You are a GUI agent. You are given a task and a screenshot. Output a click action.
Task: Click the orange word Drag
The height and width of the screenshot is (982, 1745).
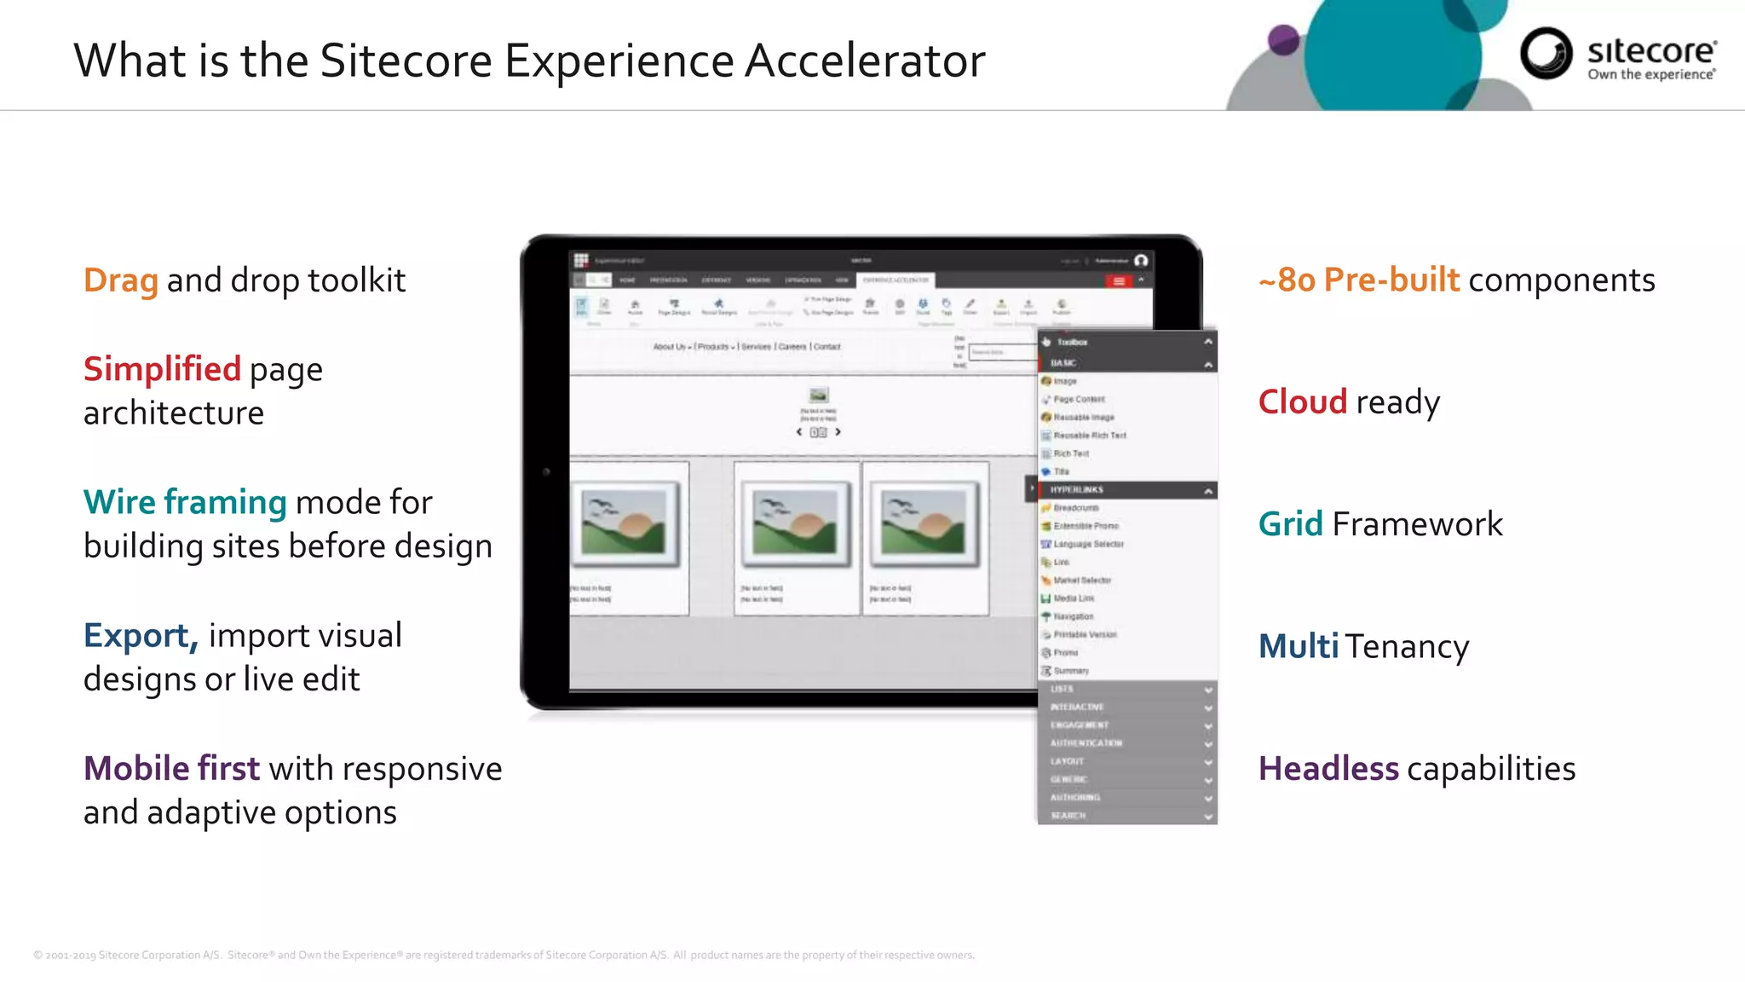pyautogui.click(x=120, y=280)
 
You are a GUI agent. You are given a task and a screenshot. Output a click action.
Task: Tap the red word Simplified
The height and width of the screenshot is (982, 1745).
pyautogui.click(x=162, y=369)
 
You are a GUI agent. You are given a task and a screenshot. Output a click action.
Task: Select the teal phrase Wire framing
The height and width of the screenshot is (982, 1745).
pyautogui.click(x=185, y=502)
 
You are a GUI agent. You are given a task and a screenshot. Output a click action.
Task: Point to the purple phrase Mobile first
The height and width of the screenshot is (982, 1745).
pyautogui.click(x=171, y=769)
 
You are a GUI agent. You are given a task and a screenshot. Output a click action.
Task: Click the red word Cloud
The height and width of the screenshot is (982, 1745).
pyautogui.click(x=1302, y=402)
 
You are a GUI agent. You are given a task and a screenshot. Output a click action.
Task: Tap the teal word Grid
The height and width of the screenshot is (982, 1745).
pyautogui.click(x=1290, y=524)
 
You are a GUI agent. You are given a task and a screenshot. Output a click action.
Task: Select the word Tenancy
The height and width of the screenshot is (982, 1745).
pyautogui.click(x=1407, y=647)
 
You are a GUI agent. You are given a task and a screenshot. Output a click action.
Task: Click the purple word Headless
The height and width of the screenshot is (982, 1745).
pyautogui.click(x=1328, y=769)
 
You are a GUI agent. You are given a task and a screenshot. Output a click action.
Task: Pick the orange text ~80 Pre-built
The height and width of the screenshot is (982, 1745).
pyautogui.click(x=1359, y=280)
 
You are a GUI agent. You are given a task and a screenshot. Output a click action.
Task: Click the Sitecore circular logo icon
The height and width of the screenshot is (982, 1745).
pyautogui.click(x=1546, y=53)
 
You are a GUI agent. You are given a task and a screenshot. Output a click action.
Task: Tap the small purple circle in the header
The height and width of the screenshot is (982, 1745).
pyautogui.click(x=1283, y=40)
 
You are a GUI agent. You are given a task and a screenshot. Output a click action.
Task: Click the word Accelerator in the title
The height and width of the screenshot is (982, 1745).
pyautogui.click(x=865, y=61)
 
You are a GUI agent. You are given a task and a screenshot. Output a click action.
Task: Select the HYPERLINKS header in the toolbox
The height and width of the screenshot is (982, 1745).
pyautogui.click(x=1077, y=490)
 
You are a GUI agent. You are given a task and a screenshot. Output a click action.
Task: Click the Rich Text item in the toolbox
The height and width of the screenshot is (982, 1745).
pyautogui.click(x=1071, y=453)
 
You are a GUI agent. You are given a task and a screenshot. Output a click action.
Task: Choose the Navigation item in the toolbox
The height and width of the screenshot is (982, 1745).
pyautogui.click(x=1074, y=616)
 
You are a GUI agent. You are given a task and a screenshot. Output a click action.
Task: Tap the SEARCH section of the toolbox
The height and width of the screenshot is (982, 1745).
pyautogui.click(x=1068, y=816)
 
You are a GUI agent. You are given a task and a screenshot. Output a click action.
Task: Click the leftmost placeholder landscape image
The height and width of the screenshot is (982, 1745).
pyautogui.click(x=625, y=524)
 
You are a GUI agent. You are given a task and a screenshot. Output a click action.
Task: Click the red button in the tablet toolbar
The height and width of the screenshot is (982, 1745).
pyautogui.click(x=1118, y=281)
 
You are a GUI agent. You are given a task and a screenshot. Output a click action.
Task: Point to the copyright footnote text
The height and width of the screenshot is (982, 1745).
pyautogui.click(x=504, y=956)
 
